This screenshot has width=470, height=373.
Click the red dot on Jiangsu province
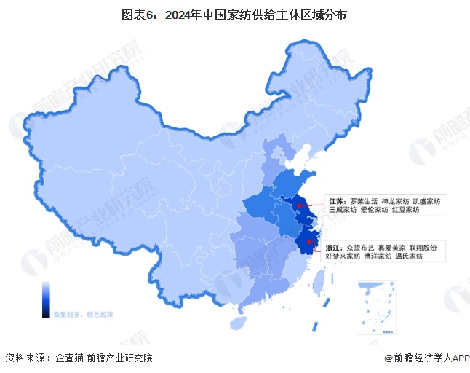(298, 205)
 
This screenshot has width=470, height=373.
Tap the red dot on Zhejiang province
(310, 241)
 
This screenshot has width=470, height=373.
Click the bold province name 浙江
(334, 247)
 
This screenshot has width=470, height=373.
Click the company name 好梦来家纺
(343, 256)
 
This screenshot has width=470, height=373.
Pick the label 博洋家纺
(378, 256)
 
